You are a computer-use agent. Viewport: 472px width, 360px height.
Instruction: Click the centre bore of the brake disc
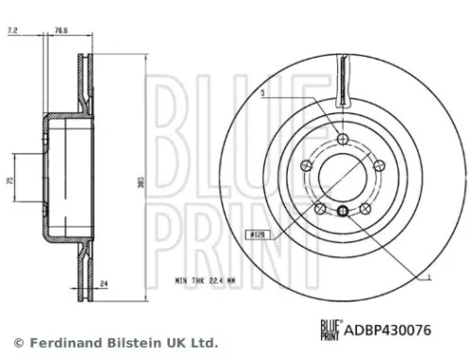point(342,176)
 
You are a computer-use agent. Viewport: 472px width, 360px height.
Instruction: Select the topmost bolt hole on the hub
point(342,139)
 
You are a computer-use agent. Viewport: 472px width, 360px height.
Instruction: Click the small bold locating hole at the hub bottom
point(342,210)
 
